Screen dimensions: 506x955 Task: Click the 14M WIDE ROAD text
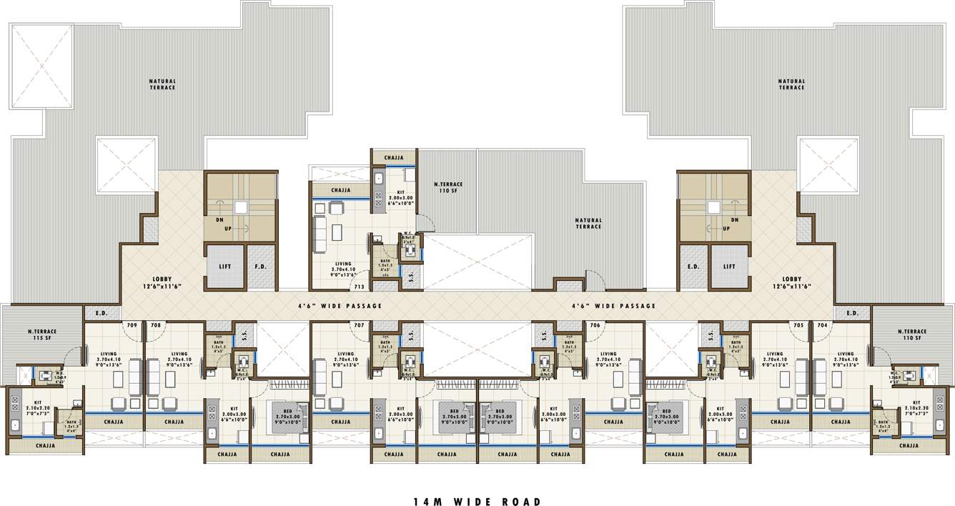tap(477, 502)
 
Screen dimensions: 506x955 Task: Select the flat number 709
tap(132, 325)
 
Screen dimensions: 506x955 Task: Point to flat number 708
tap(155, 325)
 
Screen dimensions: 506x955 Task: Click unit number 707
tap(360, 325)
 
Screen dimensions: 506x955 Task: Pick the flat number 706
tap(595, 325)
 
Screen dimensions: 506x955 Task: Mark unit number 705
tap(798, 325)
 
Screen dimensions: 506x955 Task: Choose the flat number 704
tap(822, 325)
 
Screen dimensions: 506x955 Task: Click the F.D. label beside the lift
tap(261, 267)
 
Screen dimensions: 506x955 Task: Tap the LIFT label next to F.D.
tap(224, 267)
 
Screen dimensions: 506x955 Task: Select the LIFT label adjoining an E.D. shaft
tap(729, 267)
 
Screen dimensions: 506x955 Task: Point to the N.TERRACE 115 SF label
tap(42, 334)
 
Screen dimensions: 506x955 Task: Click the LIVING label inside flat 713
tap(343, 264)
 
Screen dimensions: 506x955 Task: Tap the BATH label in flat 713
tap(385, 262)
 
